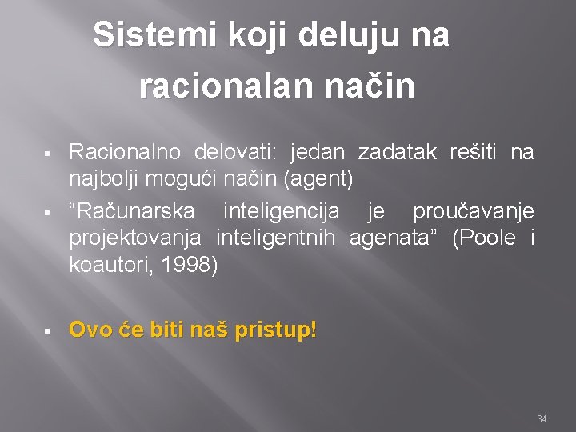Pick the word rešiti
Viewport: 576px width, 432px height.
pyautogui.click(x=478, y=152)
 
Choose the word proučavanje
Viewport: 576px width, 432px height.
pyautogui.click(x=473, y=212)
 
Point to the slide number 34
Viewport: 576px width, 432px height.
pyautogui.click(x=542, y=419)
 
